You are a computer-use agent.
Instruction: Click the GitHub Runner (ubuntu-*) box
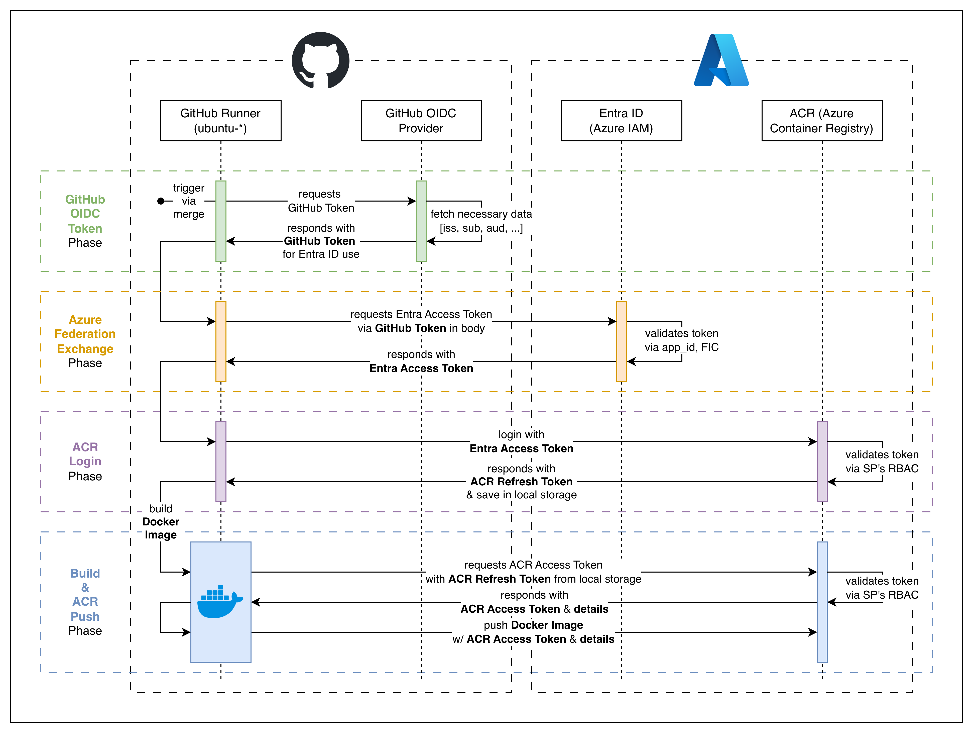click(221, 121)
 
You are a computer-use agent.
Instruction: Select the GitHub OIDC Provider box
click(421, 121)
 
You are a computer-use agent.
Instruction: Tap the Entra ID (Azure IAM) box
click(622, 121)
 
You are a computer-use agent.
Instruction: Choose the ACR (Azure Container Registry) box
click(822, 121)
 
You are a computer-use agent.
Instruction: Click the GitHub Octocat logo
click(321, 60)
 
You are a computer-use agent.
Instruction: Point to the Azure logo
click(721, 60)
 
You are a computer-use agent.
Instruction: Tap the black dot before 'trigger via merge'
click(161, 201)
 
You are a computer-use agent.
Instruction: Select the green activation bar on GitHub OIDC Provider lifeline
click(421, 221)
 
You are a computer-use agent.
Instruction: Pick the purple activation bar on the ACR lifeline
click(822, 462)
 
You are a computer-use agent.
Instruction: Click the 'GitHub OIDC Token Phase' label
click(85, 221)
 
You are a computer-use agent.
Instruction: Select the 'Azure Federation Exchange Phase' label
click(85, 341)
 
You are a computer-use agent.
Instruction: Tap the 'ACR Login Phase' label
click(85, 462)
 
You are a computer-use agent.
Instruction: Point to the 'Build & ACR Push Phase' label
click(85, 602)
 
